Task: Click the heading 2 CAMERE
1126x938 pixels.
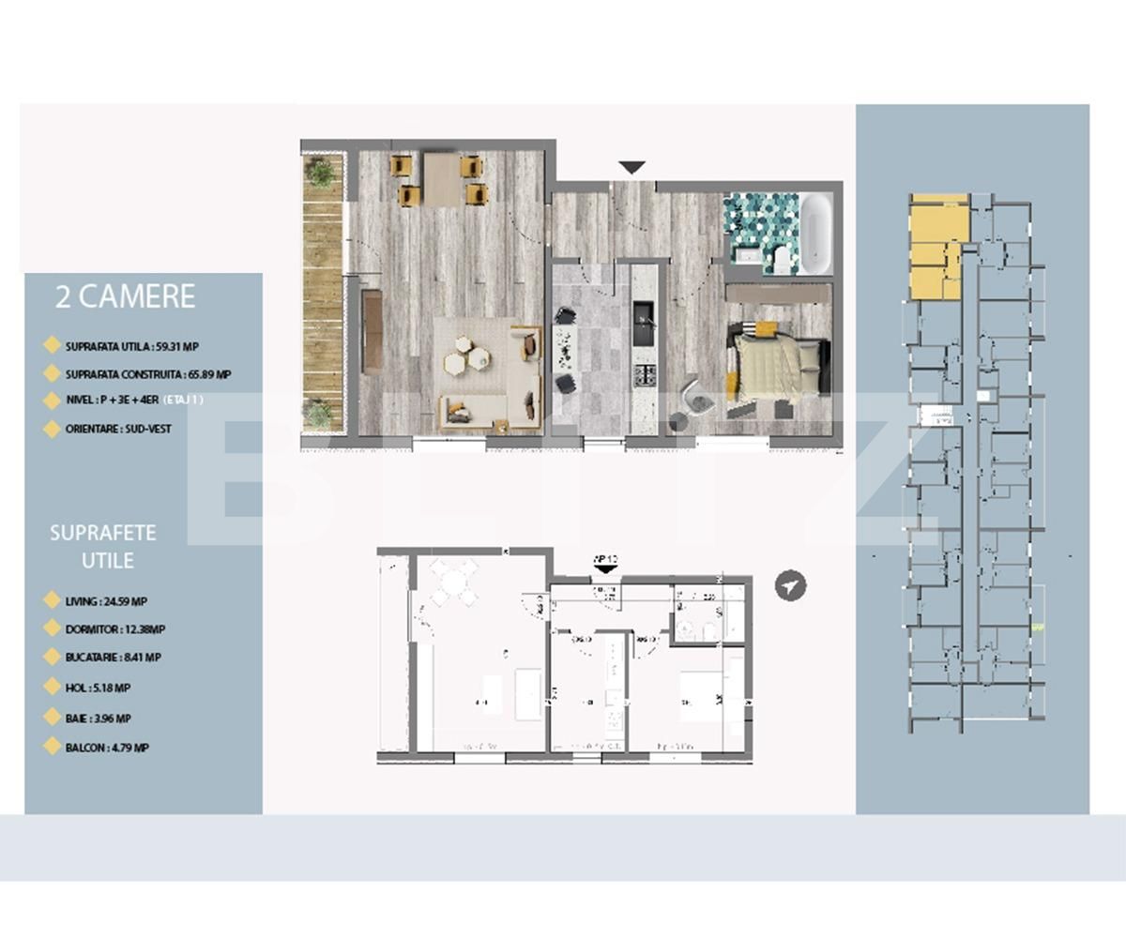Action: tap(126, 296)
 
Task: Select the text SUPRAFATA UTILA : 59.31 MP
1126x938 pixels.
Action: tap(131, 346)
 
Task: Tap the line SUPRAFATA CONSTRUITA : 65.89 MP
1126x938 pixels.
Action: tap(147, 373)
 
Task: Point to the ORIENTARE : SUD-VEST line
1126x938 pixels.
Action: tap(116, 429)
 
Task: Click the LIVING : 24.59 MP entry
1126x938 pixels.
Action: tap(106, 601)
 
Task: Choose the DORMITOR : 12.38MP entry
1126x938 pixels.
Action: tap(115, 629)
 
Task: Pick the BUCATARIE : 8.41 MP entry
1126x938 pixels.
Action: tap(113, 658)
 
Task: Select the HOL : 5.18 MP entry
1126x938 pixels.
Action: tap(98, 688)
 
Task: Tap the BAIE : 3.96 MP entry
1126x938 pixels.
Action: tap(98, 719)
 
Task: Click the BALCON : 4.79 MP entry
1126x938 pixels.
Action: tap(107, 749)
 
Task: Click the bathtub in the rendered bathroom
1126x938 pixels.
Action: tap(814, 233)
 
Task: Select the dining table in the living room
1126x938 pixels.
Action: tap(441, 178)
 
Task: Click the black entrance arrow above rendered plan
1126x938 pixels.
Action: tap(632, 167)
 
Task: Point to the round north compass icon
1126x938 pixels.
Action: tap(791, 585)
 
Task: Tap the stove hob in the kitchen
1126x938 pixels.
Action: tap(645, 376)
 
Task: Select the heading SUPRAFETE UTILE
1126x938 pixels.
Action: tap(103, 546)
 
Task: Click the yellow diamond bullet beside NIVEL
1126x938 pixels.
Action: tap(53, 401)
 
